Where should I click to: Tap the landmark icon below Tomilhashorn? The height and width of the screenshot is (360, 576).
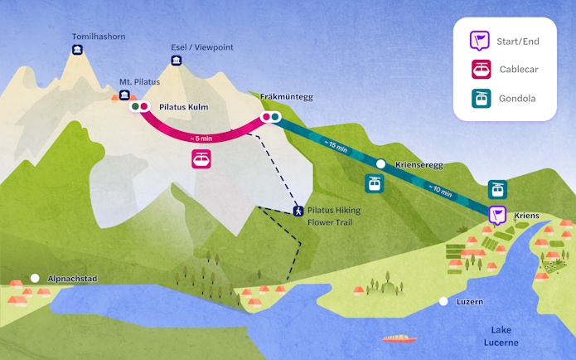click(77, 52)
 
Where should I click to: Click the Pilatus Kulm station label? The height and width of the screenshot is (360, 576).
click(183, 107)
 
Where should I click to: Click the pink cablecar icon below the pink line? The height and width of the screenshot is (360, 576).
click(201, 158)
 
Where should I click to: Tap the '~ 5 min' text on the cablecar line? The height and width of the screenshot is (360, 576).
click(202, 138)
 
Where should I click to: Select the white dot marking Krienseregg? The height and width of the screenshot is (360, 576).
click(380, 164)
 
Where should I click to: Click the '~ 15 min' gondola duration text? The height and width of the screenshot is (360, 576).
click(336, 149)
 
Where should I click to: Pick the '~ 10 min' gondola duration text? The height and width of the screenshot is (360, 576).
click(439, 191)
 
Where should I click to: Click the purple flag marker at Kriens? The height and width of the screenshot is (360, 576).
click(496, 216)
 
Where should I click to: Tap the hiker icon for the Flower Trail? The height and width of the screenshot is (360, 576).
click(297, 211)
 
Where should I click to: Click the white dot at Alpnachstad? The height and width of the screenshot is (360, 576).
click(35, 279)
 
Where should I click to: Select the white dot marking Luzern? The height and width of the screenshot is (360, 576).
click(444, 302)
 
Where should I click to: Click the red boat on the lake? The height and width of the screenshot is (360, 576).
click(400, 338)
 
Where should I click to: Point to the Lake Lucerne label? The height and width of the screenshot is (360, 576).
click(504, 336)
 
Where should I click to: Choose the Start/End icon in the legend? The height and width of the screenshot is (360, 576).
click(480, 40)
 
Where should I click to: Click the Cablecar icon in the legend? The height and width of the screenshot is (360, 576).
click(480, 69)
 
